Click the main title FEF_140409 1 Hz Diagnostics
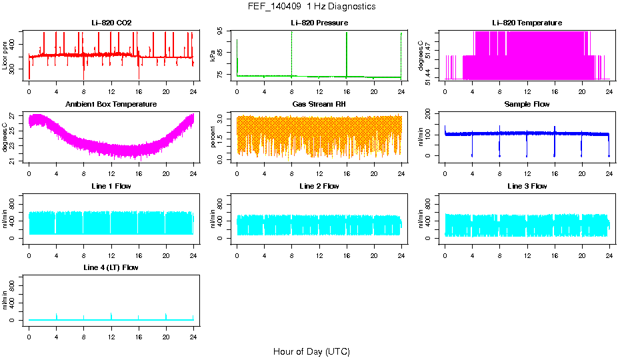(311, 7)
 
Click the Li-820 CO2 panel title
(111, 23)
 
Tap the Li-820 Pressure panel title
(319, 23)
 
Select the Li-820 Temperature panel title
(527, 23)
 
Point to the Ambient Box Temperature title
(111, 105)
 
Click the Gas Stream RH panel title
(319, 105)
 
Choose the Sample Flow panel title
(527, 105)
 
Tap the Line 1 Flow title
(111, 186)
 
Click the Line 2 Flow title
(319, 186)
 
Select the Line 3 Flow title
(527, 186)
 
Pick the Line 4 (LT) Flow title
(111, 267)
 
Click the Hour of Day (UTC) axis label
(311, 351)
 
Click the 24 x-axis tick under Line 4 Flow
(193, 336)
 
